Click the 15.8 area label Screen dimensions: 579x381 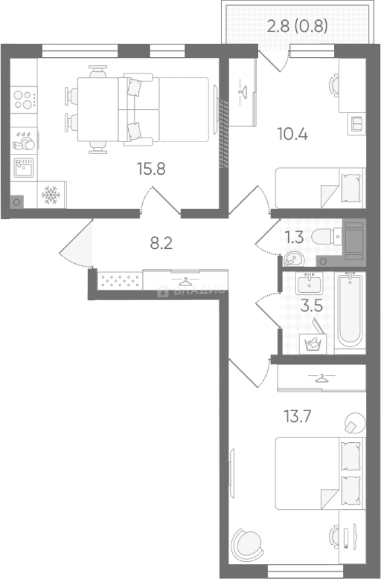(151, 169)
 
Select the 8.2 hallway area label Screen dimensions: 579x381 (161, 244)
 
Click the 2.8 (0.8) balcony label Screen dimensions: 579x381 (297, 26)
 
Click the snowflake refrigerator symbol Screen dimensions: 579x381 (51, 195)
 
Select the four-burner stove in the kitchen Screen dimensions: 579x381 (24, 99)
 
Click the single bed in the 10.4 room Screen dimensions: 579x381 (320, 188)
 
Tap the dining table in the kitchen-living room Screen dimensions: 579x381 (97, 109)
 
